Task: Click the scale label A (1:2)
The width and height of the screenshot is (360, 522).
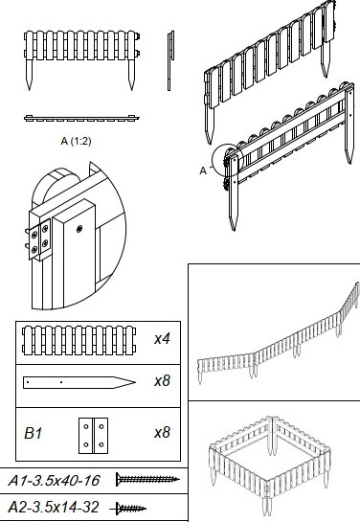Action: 76,141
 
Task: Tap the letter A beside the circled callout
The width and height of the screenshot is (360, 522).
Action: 203,170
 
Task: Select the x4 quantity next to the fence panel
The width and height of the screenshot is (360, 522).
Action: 162,339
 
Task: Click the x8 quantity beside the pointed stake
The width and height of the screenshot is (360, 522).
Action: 162,380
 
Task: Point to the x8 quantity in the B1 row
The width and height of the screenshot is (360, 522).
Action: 162,433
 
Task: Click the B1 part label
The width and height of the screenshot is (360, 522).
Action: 34,433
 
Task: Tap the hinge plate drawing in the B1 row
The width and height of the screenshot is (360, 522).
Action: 93,436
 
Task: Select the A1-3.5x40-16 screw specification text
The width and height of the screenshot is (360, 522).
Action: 54,481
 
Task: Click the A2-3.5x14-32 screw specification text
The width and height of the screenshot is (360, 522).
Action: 54,508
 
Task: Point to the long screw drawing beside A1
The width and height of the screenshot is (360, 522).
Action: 147,480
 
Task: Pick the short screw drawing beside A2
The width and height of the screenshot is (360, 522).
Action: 128,509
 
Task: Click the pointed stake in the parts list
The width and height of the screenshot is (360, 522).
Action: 79,382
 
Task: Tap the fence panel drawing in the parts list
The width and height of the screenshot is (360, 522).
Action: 79,340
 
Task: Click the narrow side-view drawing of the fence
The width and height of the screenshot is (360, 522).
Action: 170,60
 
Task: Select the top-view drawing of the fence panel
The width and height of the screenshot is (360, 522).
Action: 81,118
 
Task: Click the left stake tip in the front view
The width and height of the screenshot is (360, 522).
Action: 30,90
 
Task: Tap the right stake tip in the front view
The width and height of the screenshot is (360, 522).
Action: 132,90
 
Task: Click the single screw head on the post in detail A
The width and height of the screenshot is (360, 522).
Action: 79,229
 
